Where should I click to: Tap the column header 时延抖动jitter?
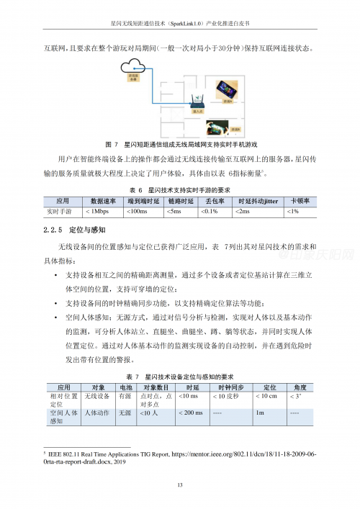click(257, 202)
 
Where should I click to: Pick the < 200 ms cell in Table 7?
click(189, 413)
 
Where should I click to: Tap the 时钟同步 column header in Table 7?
click(229, 387)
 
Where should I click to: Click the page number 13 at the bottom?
click(180, 485)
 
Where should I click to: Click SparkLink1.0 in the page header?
click(186, 23)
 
